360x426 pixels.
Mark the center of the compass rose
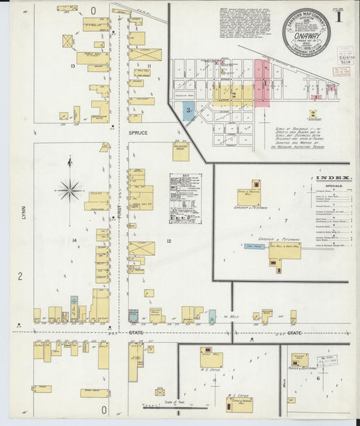click(70, 190)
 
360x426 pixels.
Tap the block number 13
click(72, 65)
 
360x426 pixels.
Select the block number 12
click(169, 241)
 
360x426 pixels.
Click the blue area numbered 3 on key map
click(189, 111)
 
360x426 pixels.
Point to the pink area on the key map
click(261, 82)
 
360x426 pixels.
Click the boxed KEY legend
click(185, 198)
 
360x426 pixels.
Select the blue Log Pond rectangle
click(255, 248)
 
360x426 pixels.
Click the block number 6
click(317, 379)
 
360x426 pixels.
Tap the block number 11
click(147, 65)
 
